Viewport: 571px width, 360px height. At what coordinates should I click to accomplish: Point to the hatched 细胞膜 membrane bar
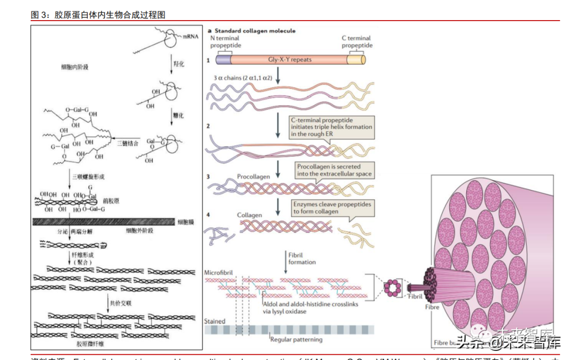point(103,222)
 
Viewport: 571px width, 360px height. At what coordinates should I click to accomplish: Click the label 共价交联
point(118,303)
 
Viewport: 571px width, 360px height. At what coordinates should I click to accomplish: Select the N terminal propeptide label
point(225,42)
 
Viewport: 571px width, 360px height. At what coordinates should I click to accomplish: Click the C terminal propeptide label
point(357,42)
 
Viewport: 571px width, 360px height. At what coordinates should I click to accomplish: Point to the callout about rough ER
point(331,127)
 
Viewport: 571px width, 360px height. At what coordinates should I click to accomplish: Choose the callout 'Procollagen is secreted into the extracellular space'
point(334,170)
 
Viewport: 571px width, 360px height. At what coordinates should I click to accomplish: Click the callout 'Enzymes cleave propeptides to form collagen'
point(332,208)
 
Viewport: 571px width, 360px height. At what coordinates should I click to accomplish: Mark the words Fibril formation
point(302,259)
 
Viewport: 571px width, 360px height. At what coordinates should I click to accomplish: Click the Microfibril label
point(218,273)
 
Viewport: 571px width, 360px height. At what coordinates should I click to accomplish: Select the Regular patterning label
point(296,340)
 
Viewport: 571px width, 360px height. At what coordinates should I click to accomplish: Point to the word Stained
point(215,321)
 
